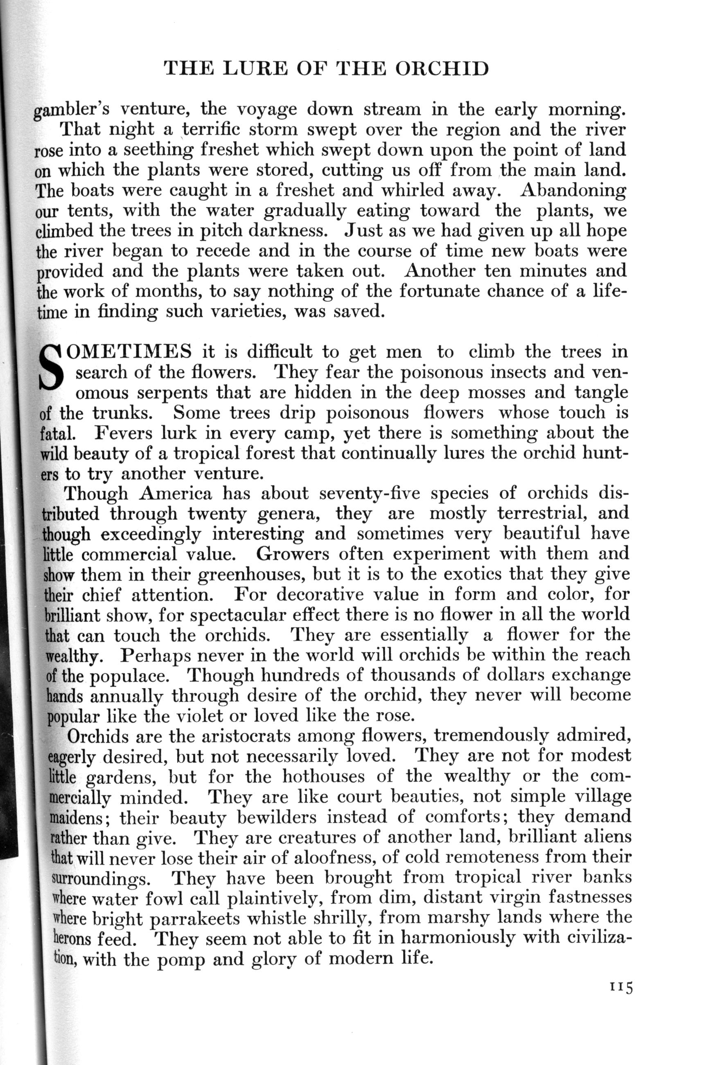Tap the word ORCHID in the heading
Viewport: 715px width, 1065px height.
tap(442, 69)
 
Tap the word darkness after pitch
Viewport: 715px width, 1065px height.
tap(288, 231)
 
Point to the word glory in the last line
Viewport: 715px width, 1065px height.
tap(273, 958)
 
